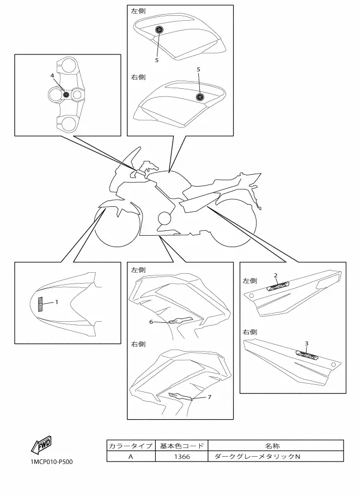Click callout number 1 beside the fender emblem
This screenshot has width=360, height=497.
[x=56, y=301]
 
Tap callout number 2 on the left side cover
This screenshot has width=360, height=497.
[x=276, y=275]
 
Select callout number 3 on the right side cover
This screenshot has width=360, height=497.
[x=307, y=343]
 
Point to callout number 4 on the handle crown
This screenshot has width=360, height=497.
[x=52, y=75]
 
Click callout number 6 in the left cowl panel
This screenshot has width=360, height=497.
[x=151, y=322]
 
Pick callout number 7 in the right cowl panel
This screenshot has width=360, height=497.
[x=209, y=397]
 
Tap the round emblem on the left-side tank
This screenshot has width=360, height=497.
[x=159, y=30]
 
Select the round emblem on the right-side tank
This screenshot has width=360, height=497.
[x=200, y=97]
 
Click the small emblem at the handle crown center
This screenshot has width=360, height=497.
[x=66, y=95]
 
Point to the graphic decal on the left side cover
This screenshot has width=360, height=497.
[x=277, y=285]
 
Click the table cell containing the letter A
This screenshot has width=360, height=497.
[x=130, y=457]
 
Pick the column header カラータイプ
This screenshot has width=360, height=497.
[x=130, y=446]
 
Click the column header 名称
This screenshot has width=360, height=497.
[x=276, y=446]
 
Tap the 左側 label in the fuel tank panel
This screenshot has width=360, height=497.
[x=138, y=11]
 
